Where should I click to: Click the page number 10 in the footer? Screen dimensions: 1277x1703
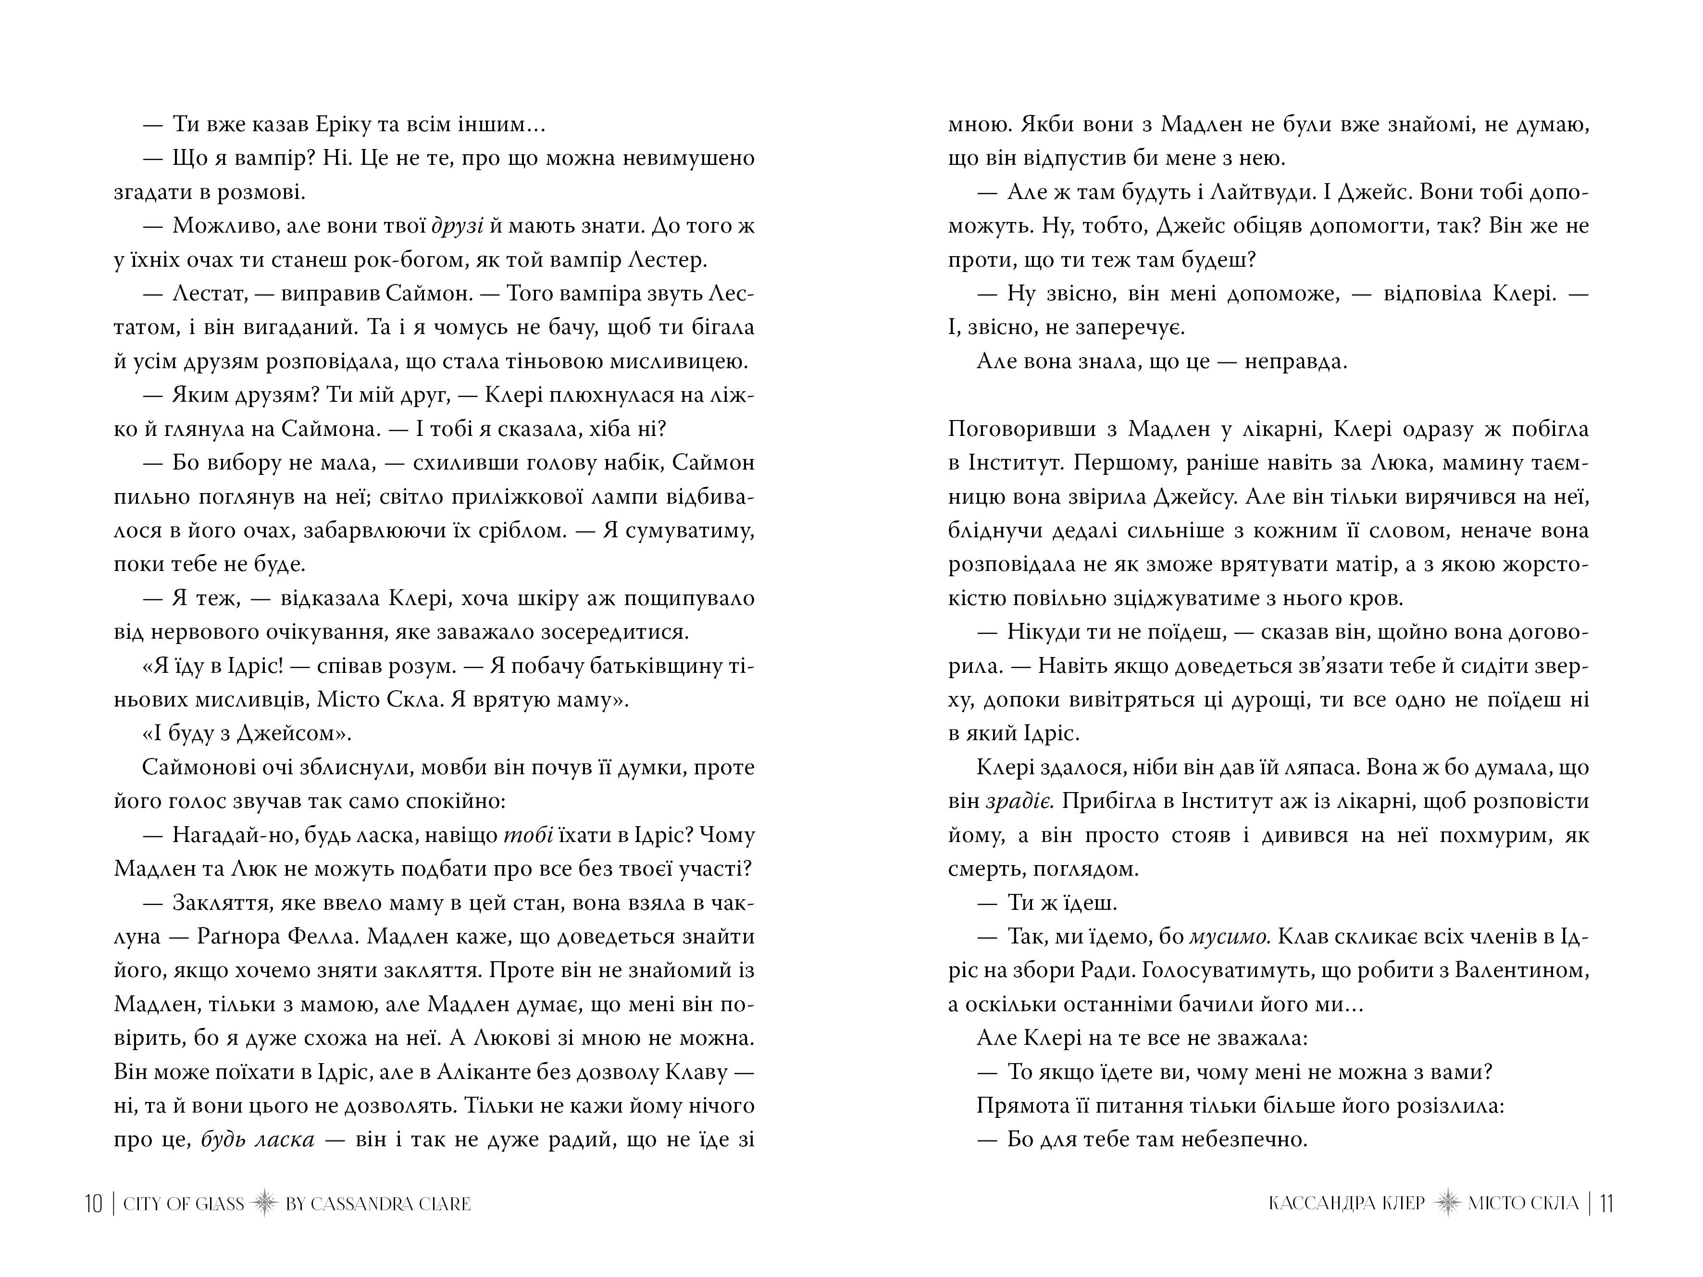(93, 1203)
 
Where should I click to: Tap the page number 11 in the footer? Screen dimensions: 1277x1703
(1607, 1203)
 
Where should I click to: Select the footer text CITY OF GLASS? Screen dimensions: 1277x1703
(183, 1203)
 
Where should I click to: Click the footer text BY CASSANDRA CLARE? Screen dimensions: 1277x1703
(378, 1203)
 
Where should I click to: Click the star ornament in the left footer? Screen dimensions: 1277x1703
(264, 1203)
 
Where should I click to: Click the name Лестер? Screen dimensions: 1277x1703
(668, 260)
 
